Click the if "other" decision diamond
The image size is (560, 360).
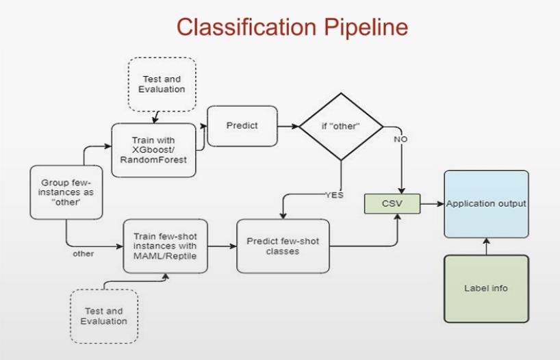(340, 127)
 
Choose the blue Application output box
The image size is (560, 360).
(486, 204)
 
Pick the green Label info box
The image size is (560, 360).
(486, 287)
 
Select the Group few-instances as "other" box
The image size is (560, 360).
(62, 192)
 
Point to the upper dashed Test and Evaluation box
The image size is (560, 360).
(162, 84)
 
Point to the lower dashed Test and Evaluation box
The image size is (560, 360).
(103, 316)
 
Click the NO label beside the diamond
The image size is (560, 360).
(400, 139)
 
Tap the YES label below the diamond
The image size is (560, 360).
(333, 195)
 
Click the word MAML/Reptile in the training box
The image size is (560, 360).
(165, 255)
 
